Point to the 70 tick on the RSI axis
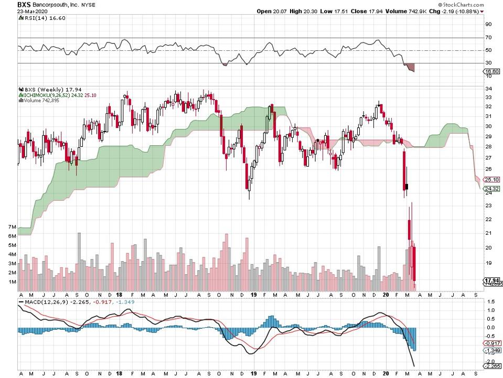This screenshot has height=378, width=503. click(488, 38)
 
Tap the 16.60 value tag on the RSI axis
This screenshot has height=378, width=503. click(490, 71)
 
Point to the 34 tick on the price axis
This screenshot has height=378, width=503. click(488, 89)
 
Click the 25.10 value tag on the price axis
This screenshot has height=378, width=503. click(491, 179)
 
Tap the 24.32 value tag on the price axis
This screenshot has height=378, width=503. click(491, 189)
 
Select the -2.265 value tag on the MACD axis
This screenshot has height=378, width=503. click(491, 366)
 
